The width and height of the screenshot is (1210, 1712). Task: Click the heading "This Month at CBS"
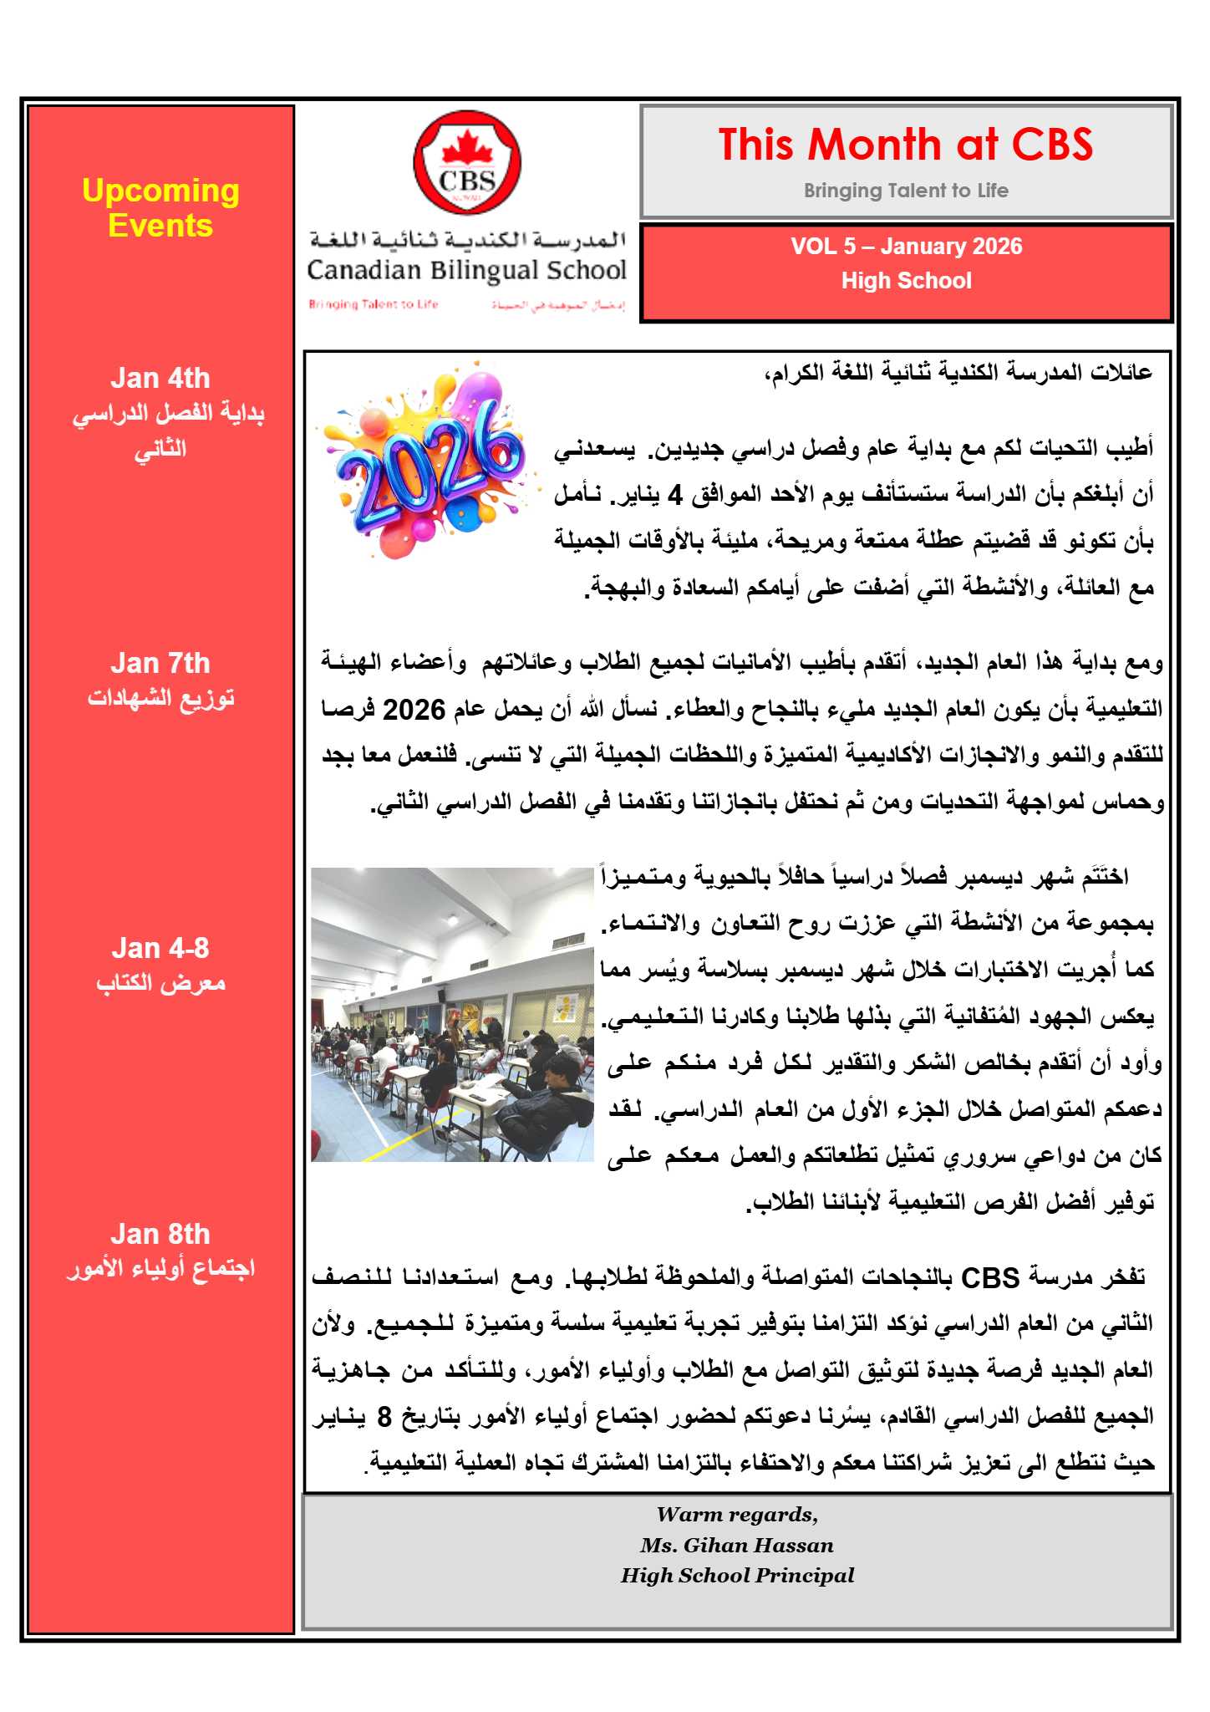906,145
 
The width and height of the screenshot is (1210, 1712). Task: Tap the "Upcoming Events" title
160,208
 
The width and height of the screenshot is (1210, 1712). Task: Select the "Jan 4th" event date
160,379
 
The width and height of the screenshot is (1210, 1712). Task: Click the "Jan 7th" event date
160,664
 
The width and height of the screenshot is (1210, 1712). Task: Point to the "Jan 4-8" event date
160,949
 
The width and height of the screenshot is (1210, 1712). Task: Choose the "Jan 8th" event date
160,1234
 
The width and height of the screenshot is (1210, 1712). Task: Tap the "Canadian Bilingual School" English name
466,271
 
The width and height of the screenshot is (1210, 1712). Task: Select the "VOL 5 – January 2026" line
907,247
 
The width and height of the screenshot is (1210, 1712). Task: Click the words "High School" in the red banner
907,281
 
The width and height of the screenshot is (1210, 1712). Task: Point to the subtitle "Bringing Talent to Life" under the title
906,191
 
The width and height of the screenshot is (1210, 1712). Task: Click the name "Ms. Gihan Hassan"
737,1545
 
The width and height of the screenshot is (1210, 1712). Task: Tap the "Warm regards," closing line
737,1515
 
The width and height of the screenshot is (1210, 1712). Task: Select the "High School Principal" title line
737,1576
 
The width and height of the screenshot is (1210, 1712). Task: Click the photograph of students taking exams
452,1014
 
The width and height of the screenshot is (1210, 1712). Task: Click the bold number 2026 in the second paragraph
414,711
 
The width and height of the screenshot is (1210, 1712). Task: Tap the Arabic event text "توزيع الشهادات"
160,698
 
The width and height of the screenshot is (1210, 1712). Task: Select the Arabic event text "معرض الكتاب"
160,983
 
